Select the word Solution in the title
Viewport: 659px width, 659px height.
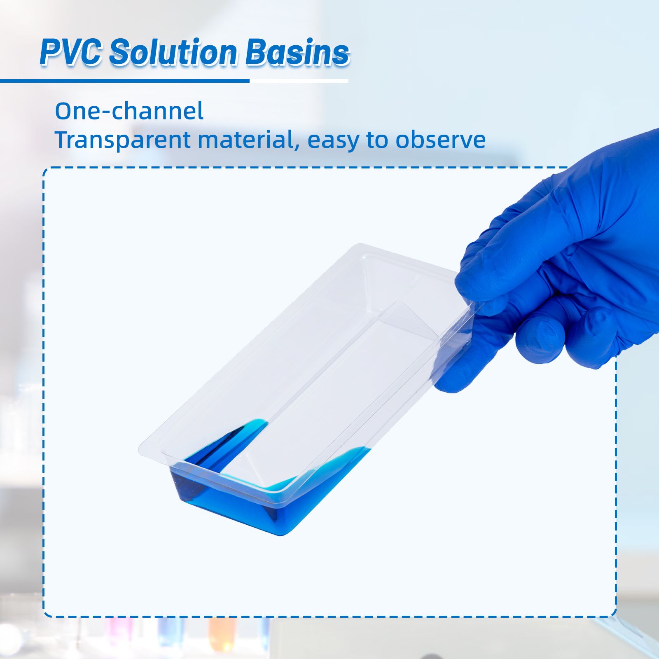click(x=173, y=52)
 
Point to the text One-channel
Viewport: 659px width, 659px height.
click(x=129, y=111)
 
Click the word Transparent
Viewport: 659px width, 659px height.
click(x=122, y=140)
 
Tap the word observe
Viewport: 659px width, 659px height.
click(x=440, y=140)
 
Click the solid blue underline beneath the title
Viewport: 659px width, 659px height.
click(x=125, y=81)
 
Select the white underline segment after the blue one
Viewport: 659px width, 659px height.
click(x=299, y=81)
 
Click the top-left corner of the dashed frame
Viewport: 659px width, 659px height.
click(x=44, y=169)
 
